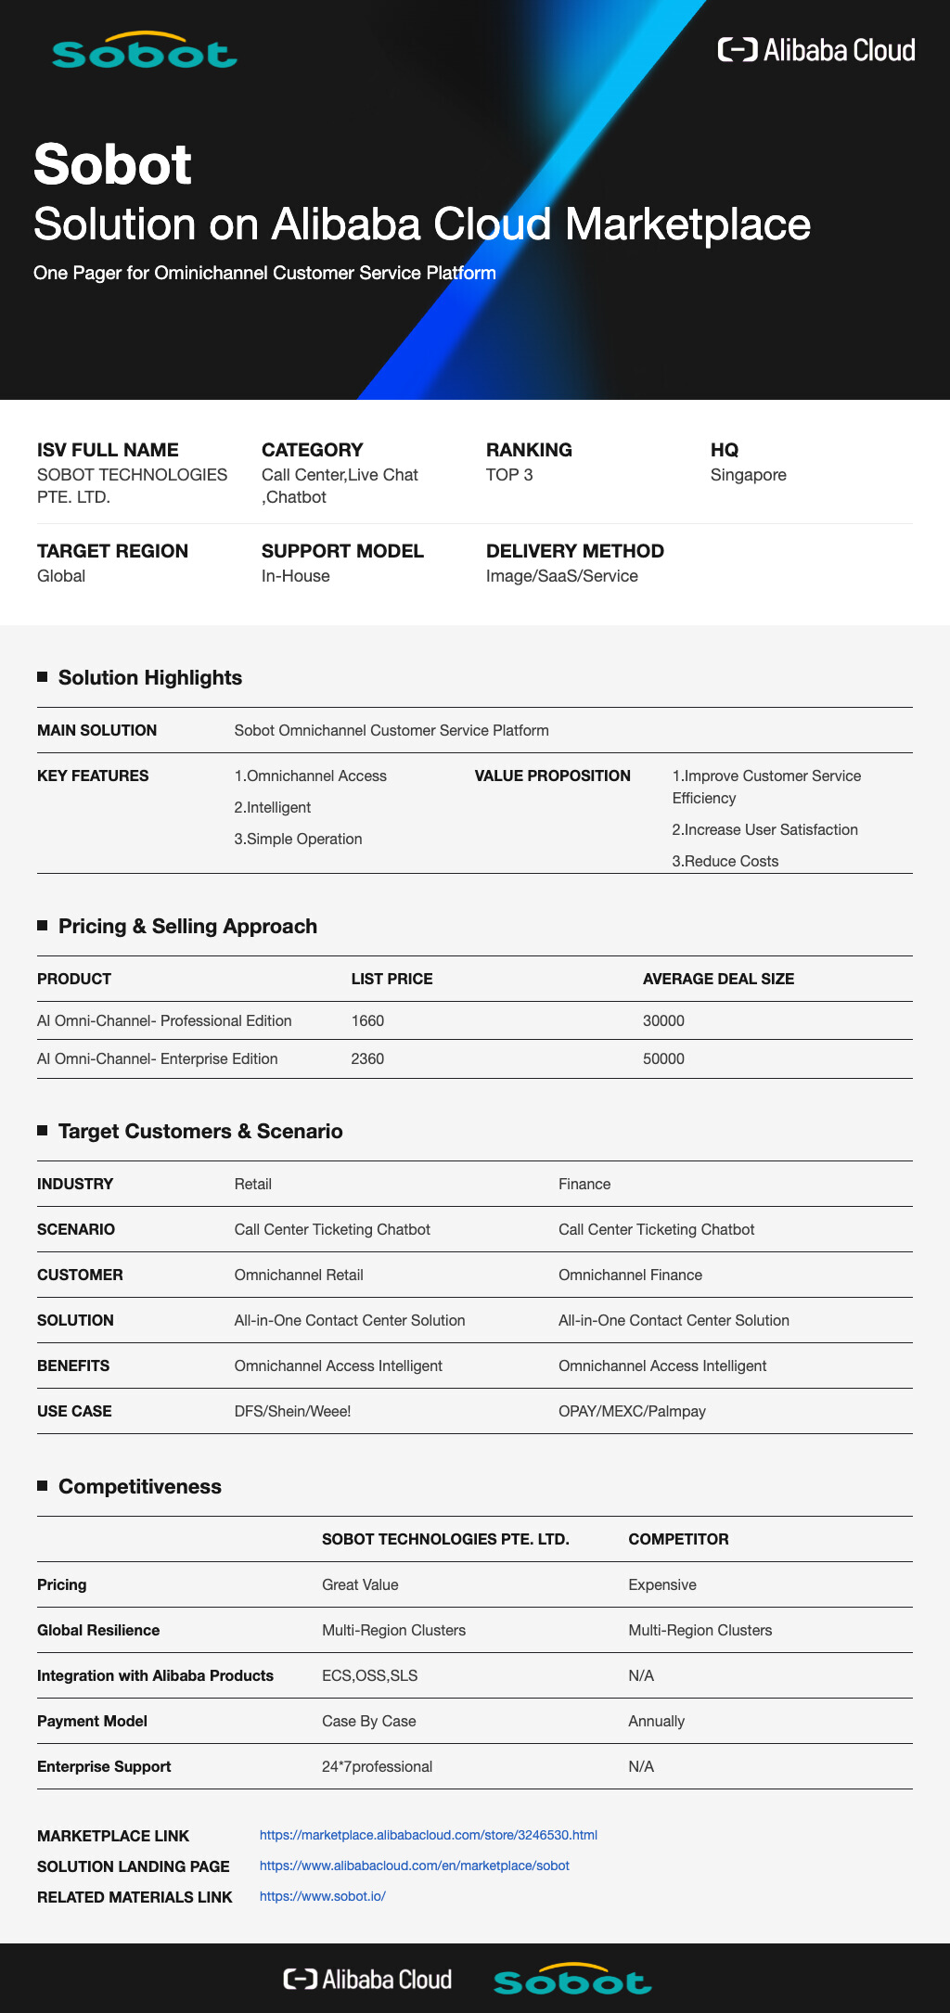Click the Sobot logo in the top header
145,52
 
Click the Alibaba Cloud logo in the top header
816,50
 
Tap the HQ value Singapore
748,475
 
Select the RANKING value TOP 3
509,475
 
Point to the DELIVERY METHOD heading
574,551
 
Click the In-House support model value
295,576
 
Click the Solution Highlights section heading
149,678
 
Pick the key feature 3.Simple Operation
298,839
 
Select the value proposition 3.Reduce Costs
725,861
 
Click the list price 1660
367,1020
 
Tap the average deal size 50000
663,1058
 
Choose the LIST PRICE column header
392,979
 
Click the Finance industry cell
584,1184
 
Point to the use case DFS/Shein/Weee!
292,1411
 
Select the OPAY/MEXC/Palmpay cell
632,1411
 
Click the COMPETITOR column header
678,1539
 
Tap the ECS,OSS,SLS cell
369,1675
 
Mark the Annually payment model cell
656,1721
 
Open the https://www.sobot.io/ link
322,1896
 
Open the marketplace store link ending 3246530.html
428,1835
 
